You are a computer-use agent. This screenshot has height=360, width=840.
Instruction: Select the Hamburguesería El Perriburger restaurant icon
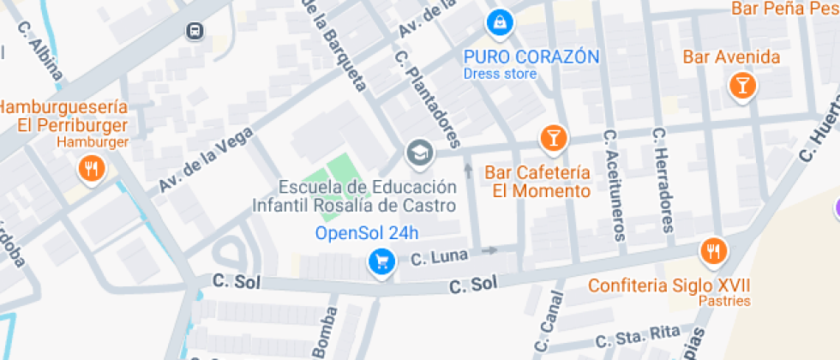pos(91,168)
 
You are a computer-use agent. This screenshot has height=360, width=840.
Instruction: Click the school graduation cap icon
pos(419,153)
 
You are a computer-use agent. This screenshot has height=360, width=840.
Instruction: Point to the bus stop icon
pos(195,32)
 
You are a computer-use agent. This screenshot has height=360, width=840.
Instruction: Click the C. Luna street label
pos(438,256)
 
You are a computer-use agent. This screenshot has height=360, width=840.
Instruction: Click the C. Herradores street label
pos(663,181)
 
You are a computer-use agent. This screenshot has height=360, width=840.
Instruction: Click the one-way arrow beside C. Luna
pos(489,251)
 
